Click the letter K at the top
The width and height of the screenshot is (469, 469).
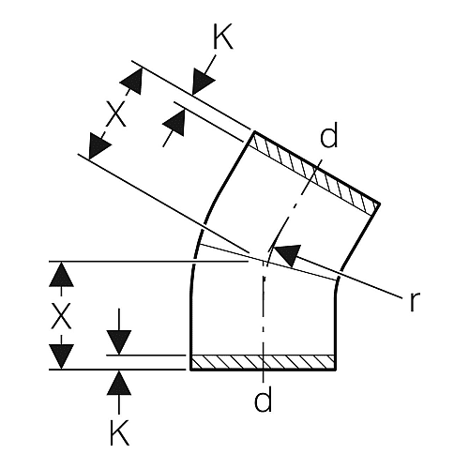[x=222, y=37]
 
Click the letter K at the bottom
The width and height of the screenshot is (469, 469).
[x=119, y=432]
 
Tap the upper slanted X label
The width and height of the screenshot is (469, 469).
[x=115, y=113]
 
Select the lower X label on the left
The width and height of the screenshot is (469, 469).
[x=61, y=316]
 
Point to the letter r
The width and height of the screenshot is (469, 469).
[x=415, y=301]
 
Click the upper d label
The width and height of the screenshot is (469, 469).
[x=329, y=135]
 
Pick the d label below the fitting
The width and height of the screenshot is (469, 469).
[x=263, y=399]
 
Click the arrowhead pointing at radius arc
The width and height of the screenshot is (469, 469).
[x=288, y=255]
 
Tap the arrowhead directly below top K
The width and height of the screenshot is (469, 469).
[x=203, y=82]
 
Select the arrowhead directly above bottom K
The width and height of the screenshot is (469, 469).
[x=119, y=383]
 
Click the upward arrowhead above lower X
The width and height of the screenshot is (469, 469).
[x=61, y=275]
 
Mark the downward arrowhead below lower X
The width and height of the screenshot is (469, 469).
[x=61, y=356]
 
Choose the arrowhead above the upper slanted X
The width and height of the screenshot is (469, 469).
[x=132, y=81]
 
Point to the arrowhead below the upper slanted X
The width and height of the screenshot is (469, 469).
[x=98, y=146]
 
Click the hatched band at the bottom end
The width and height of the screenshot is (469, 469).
[x=263, y=362]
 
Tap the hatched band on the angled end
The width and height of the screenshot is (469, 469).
[x=313, y=174]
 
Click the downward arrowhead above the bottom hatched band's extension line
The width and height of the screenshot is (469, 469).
[x=119, y=342]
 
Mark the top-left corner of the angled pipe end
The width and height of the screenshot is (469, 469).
[x=254, y=132]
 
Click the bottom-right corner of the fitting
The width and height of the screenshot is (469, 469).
[x=336, y=370]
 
